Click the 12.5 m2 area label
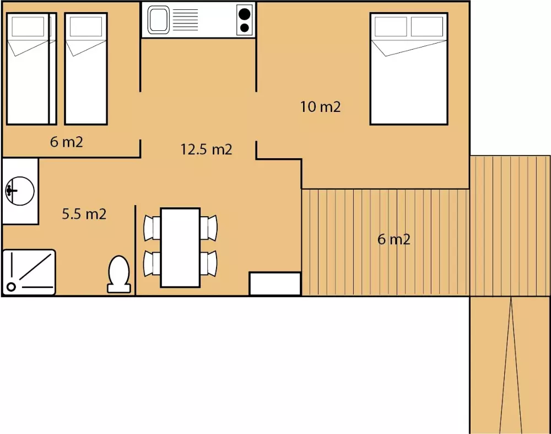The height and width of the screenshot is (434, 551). pos(206,149)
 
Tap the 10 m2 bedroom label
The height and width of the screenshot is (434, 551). pos(321,107)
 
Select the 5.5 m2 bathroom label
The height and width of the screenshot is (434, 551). pos(84,214)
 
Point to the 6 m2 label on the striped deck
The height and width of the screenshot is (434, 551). pos(394,239)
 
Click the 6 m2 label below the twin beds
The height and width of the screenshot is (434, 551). pos(67,142)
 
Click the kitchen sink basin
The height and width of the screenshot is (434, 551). pos(159,20)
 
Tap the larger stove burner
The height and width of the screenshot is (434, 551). pos(245,14)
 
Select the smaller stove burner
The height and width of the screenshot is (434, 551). pos(245,28)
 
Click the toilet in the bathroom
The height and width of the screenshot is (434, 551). pos(119,274)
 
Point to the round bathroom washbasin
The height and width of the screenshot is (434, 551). pos(20,191)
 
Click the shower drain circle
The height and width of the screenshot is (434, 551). pos(11,287)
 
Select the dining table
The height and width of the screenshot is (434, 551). pos(180,248)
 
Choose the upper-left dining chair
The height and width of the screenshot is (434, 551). pos(152,228)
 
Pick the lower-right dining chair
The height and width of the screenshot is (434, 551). pos(209,263)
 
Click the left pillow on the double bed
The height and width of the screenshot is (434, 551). pos(391,26)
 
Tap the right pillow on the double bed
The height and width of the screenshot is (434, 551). pos(427,26)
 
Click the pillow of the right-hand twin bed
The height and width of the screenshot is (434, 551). pos(86,26)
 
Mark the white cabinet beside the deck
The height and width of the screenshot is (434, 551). pos(275,283)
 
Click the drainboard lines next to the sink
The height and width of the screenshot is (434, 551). pos(185,20)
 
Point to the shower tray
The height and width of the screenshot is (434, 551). pos(29,272)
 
